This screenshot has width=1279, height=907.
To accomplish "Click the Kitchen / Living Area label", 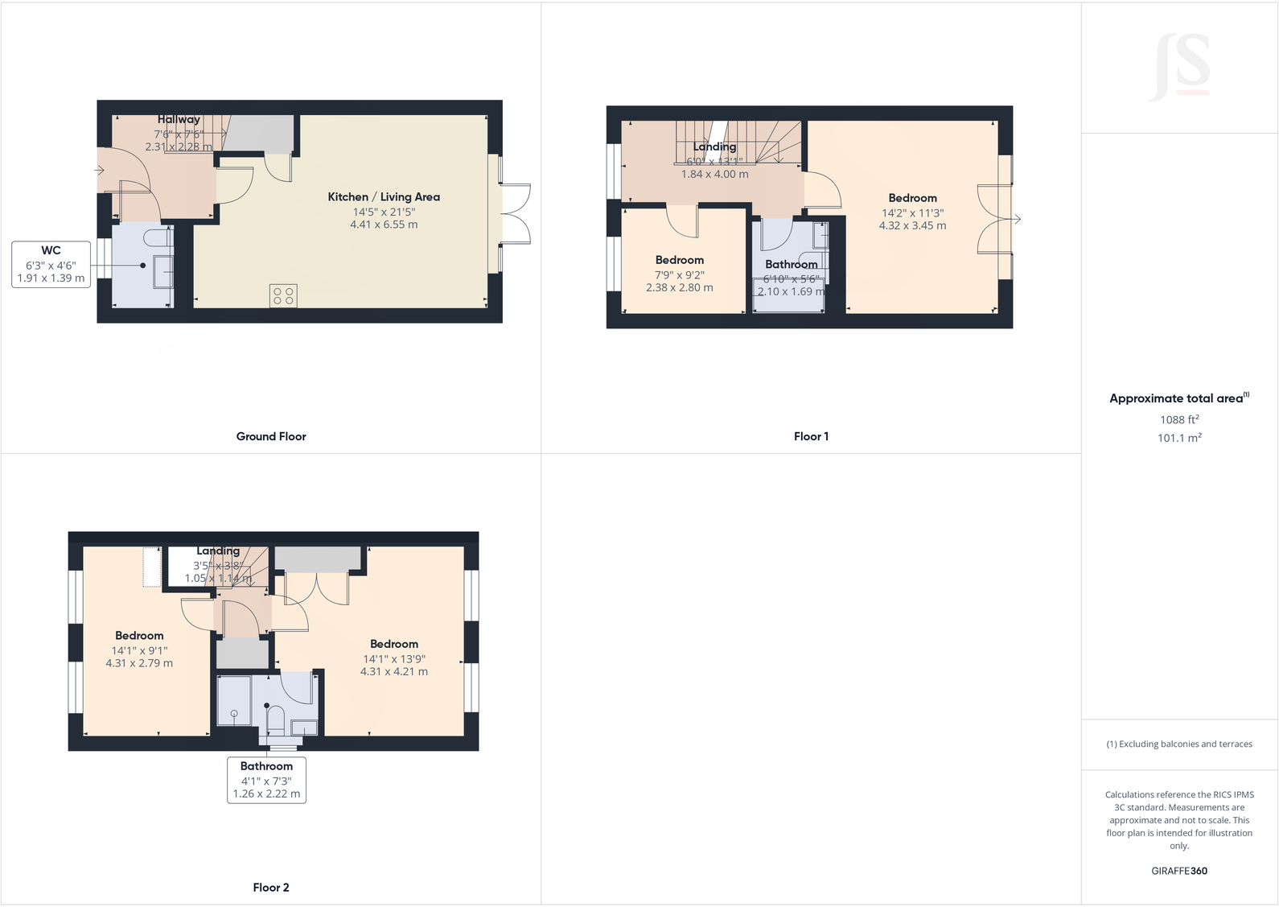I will coord(384,197).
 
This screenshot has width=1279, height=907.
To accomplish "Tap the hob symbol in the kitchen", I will coord(283,295).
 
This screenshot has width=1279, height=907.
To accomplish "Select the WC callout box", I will coord(51,264).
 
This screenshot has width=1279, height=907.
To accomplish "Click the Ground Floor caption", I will coord(271,436).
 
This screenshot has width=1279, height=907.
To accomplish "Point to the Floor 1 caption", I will coord(811,436).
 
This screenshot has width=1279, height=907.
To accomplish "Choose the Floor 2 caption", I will coord(271,888).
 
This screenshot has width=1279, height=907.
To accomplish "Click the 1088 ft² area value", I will coord(1179,419).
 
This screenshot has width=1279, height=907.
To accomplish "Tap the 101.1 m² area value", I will coord(1179,438).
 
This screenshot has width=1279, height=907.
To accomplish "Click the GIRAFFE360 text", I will coord(1179,871).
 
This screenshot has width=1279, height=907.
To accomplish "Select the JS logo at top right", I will coord(1181,66).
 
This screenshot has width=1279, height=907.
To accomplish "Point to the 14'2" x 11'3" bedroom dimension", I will coord(912,213).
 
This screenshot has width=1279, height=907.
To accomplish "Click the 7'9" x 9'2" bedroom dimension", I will coord(679,275).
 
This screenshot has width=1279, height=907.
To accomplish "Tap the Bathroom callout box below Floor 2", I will coord(266,780).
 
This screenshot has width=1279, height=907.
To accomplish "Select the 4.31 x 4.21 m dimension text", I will coord(394,671).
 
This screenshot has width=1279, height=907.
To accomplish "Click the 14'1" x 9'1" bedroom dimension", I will coord(139,650).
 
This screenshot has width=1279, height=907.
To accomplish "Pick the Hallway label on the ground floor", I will coord(179,119).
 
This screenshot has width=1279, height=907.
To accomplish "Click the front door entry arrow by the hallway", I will coord(100,170).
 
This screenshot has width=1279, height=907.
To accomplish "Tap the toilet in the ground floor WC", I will coord(157,238).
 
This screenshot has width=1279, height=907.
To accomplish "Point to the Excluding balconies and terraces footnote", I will coord(1179,744).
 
